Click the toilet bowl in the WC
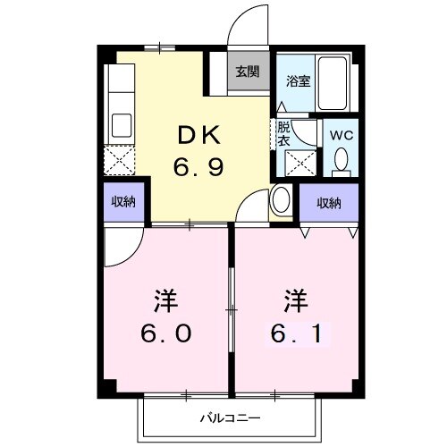coord(340,159)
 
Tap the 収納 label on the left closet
coord(122,202)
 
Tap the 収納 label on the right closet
coord(328,203)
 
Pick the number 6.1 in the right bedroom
coord(296,332)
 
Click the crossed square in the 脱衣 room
coord(298,162)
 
